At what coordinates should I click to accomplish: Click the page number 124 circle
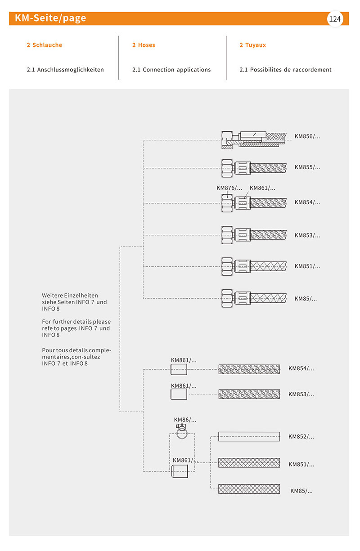point(335,19)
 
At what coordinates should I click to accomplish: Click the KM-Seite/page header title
point(50,18)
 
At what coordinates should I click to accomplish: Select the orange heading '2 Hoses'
point(144,45)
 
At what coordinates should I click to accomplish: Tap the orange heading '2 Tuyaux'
point(252,45)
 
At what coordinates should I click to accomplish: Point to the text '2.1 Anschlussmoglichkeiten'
point(65,70)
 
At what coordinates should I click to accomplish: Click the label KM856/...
point(307,136)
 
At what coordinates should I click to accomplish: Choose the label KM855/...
point(307,167)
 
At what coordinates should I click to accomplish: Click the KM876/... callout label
point(229,188)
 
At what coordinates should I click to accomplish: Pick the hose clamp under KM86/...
point(182,432)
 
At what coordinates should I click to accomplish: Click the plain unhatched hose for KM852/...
point(249,436)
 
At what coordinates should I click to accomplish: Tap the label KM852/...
point(301,436)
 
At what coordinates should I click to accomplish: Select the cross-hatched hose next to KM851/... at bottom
point(249,463)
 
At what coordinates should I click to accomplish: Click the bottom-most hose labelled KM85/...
point(249,489)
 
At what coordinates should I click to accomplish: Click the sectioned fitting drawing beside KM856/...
point(252,139)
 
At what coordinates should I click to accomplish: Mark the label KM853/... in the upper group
point(307,235)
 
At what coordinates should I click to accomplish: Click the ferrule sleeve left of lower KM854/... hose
point(179,370)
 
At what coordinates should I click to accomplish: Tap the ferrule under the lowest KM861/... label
point(180,472)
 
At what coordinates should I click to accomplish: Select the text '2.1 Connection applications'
point(171,70)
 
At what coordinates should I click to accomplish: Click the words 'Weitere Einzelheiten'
point(70,296)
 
